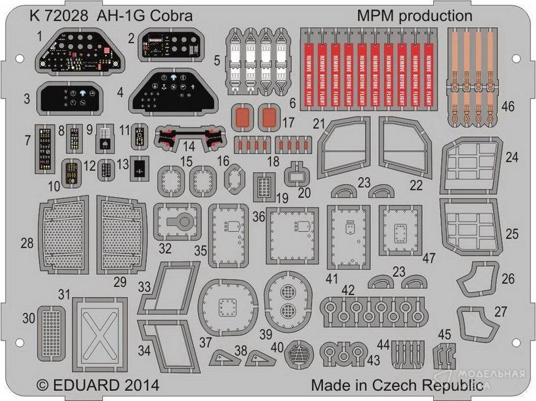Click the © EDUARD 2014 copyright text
coord(97,384)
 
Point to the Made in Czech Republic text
coord(398,385)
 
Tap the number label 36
coord(258,216)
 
